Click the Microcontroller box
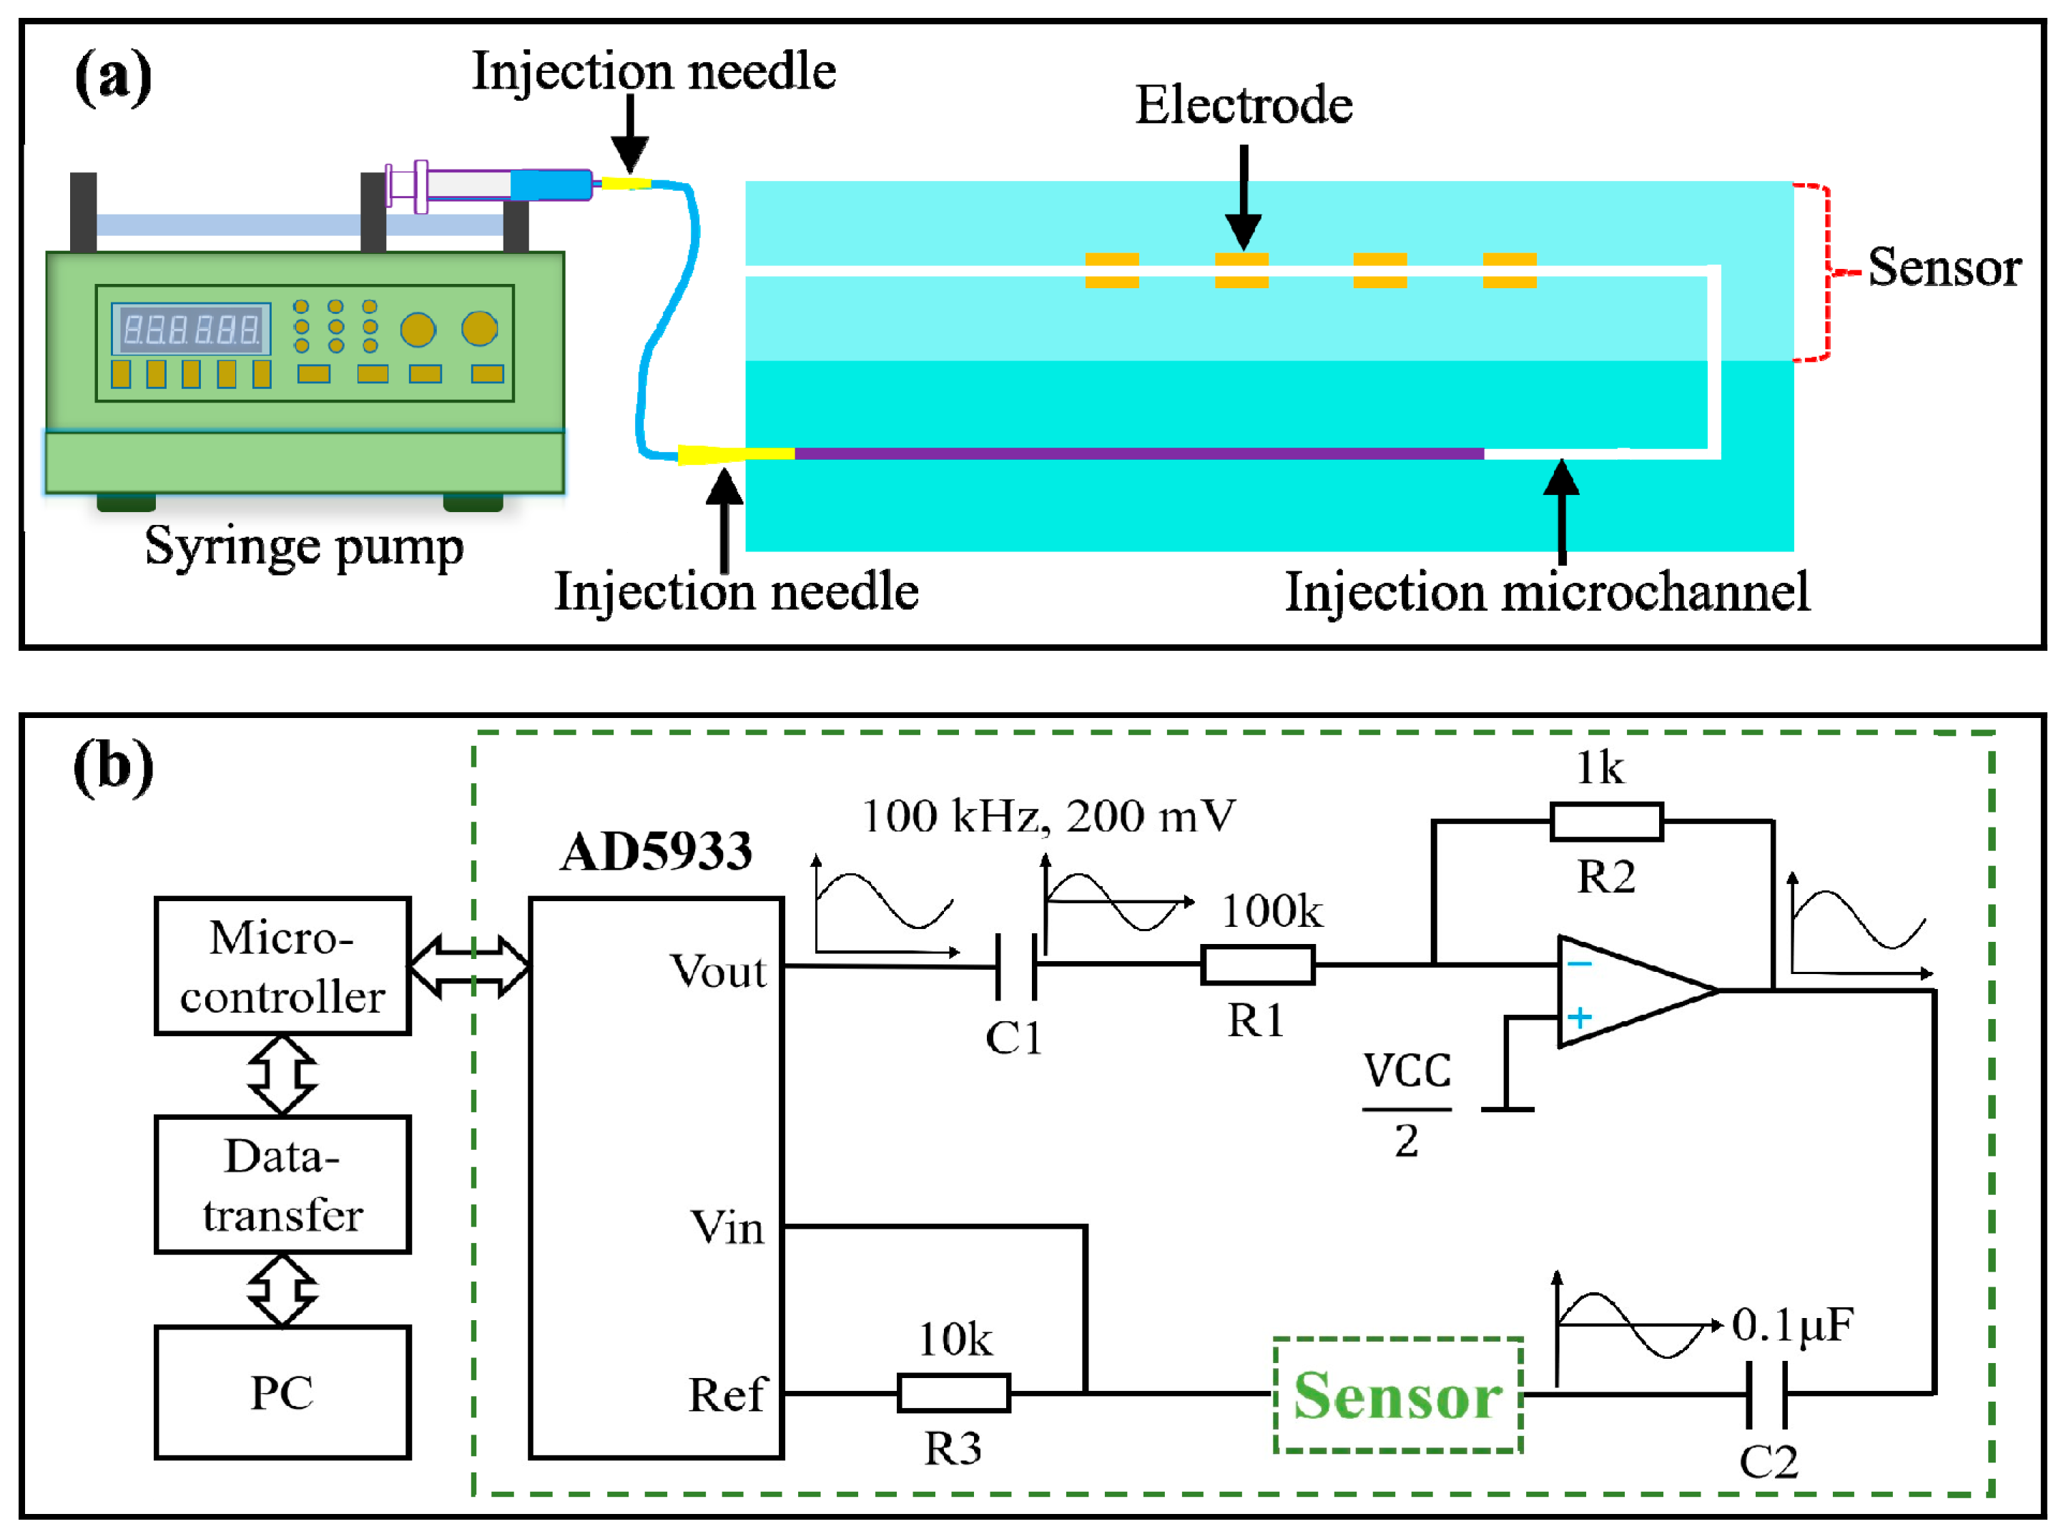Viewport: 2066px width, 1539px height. (282, 966)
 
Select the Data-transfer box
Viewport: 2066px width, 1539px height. (282, 1184)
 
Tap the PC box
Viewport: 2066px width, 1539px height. (282, 1392)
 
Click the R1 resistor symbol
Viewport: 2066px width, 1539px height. (1257, 965)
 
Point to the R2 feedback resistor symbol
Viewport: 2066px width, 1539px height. (1606, 822)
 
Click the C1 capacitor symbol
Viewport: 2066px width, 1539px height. (1016, 966)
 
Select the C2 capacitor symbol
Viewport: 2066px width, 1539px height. (1766, 1394)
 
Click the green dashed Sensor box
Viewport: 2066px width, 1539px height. (1397, 1395)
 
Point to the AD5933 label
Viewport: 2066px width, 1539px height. (656, 852)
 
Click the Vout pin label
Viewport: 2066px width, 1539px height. (717, 972)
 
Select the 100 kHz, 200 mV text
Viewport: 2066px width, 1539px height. (1048, 816)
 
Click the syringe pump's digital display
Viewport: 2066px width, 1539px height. (191, 329)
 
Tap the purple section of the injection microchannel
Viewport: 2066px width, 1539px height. (1136, 453)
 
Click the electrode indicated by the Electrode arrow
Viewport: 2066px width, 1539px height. (1241, 270)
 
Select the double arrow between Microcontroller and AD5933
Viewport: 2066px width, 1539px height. (469, 966)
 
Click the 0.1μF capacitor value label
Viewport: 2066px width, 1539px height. (1792, 1324)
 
